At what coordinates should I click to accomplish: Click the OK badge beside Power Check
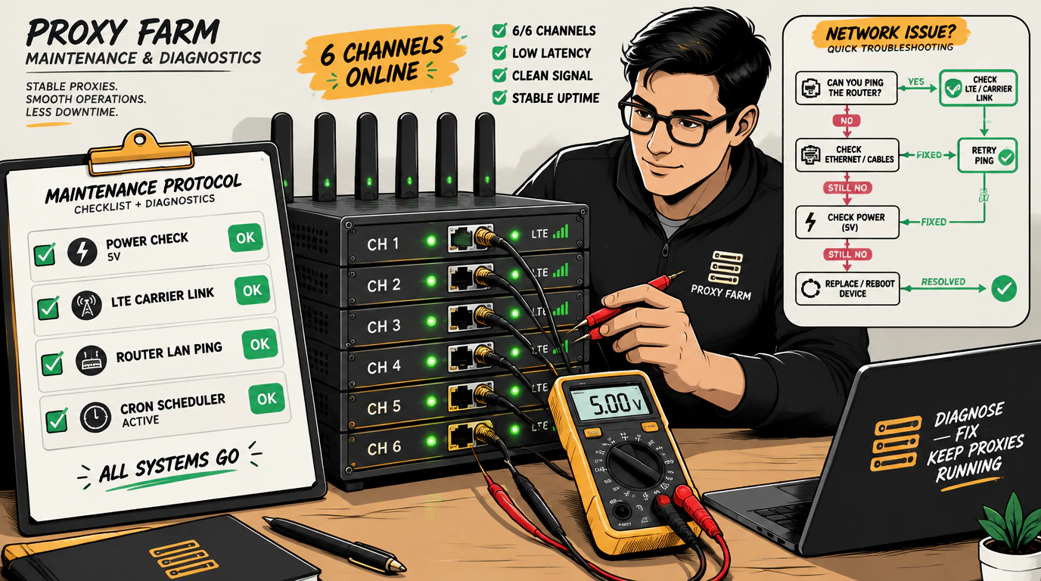(x=245, y=238)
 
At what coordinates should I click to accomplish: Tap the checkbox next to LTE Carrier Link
(x=48, y=308)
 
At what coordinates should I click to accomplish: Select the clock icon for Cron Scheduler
(x=95, y=418)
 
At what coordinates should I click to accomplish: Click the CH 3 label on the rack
(x=384, y=326)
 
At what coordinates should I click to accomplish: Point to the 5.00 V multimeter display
(x=609, y=403)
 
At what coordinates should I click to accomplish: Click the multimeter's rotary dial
(x=634, y=465)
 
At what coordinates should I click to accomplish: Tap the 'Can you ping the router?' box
(x=847, y=88)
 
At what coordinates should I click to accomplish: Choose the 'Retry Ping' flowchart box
(x=987, y=155)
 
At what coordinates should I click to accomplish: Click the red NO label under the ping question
(x=847, y=121)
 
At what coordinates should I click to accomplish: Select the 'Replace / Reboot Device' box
(x=847, y=289)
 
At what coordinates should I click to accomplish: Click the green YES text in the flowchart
(x=916, y=82)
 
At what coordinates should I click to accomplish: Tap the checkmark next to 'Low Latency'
(x=499, y=53)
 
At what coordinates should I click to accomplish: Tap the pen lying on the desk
(x=334, y=544)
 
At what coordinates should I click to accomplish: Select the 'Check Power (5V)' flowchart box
(x=847, y=222)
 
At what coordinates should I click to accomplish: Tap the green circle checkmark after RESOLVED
(x=1004, y=289)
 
